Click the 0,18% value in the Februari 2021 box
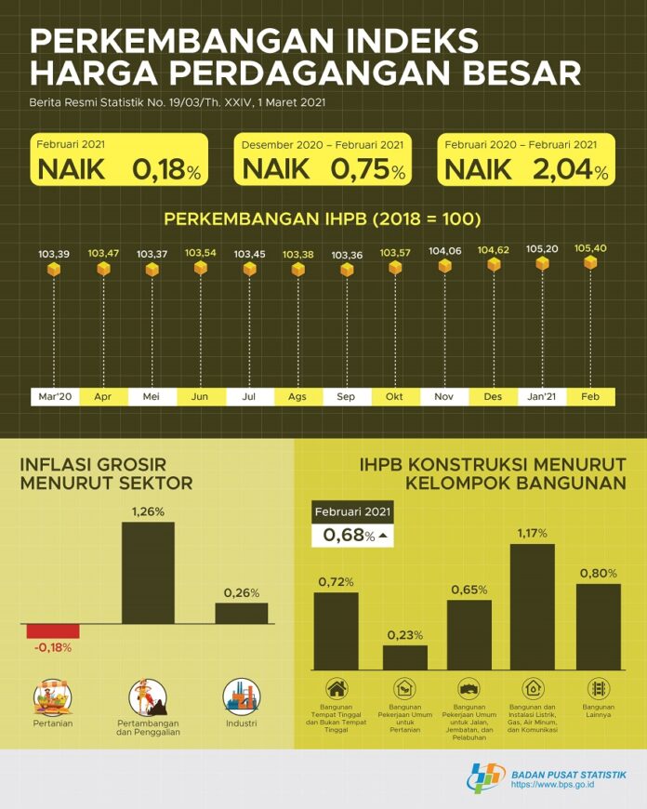point(166,170)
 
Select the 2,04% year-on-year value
point(570,170)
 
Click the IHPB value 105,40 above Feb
point(589,248)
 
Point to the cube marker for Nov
point(444,266)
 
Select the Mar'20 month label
point(54,396)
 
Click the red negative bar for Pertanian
point(53,630)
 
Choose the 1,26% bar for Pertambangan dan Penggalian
point(148,572)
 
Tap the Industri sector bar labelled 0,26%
point(241,613)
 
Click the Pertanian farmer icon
point(52,696)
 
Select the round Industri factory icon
point(241,696)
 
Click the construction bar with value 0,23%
point(404,656)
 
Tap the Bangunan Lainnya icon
point(599,689)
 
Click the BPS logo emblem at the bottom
point(485,777)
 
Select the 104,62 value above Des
point(493,250)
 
